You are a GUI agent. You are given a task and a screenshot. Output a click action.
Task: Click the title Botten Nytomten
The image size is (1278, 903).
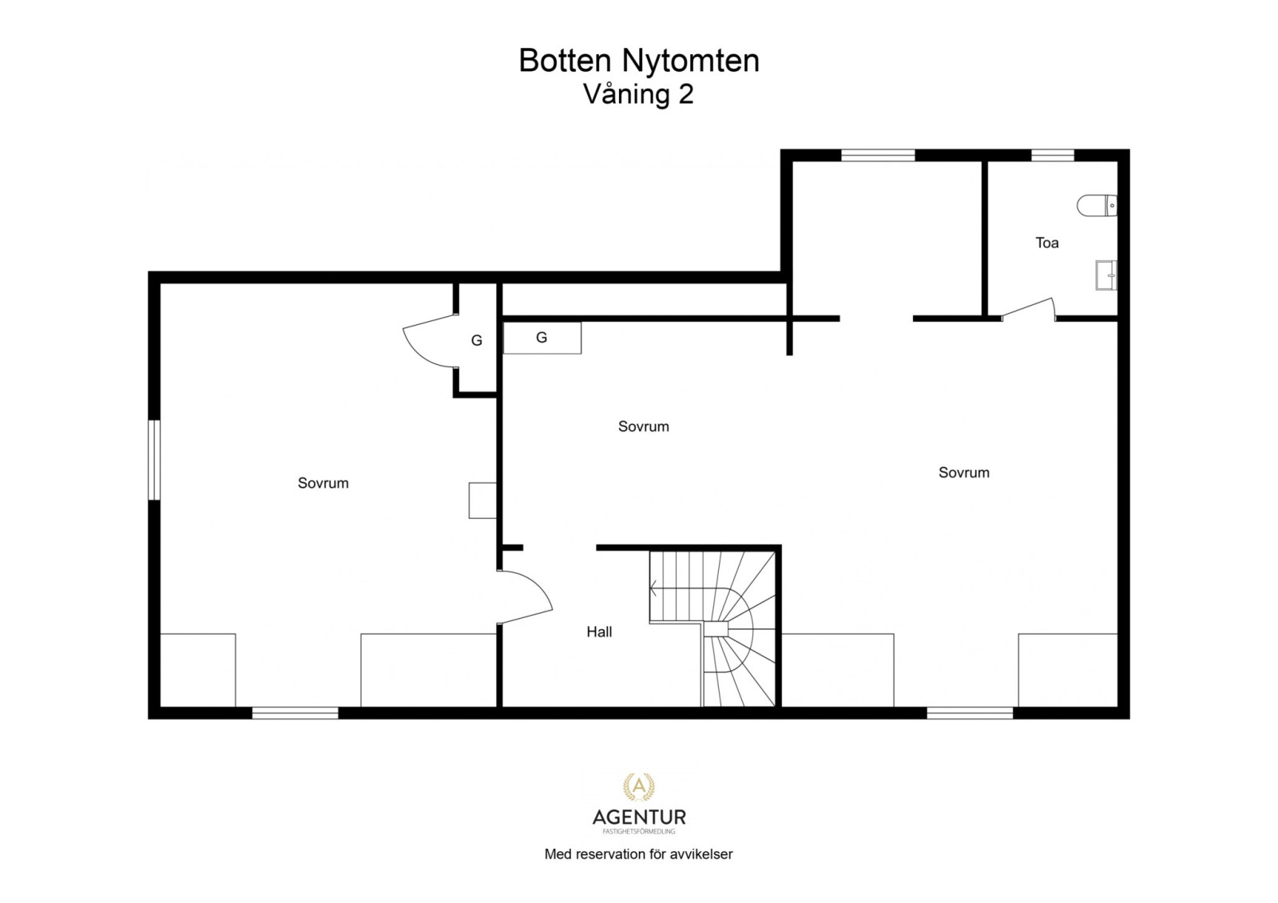point(638,61)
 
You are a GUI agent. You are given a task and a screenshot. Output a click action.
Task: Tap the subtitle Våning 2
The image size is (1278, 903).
point(638,94)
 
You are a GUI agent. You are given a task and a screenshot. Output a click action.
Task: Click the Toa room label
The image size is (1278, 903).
point(1046,243)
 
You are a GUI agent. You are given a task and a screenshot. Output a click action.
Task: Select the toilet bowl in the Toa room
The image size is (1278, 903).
point(1095,206)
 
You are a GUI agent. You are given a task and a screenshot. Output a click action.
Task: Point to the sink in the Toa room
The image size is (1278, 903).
point(1106,275)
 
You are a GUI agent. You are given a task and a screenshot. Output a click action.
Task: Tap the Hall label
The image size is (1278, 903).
point(599,632)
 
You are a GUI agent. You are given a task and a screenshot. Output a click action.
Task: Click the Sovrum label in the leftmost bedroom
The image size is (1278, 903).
point(323,483)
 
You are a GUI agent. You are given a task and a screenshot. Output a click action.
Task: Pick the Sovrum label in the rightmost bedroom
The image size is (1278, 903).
point(963,473)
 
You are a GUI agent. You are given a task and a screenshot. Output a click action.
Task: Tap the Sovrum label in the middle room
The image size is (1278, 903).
point(643,426)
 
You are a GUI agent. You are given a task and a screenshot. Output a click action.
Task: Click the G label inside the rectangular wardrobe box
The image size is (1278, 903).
point(542,338)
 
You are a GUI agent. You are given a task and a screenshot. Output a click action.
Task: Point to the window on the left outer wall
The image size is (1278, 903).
point(155,460)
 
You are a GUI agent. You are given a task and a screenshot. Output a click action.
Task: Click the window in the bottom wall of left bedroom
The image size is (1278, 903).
point(295,712)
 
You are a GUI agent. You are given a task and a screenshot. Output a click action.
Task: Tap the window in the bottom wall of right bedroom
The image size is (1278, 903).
point(969,712)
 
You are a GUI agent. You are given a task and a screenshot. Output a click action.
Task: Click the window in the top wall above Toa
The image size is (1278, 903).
point(1052,156)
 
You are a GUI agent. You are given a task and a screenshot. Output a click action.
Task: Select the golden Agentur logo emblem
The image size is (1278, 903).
point(638,787)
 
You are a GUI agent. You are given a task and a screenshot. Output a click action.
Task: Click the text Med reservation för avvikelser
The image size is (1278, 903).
point(638,854)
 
